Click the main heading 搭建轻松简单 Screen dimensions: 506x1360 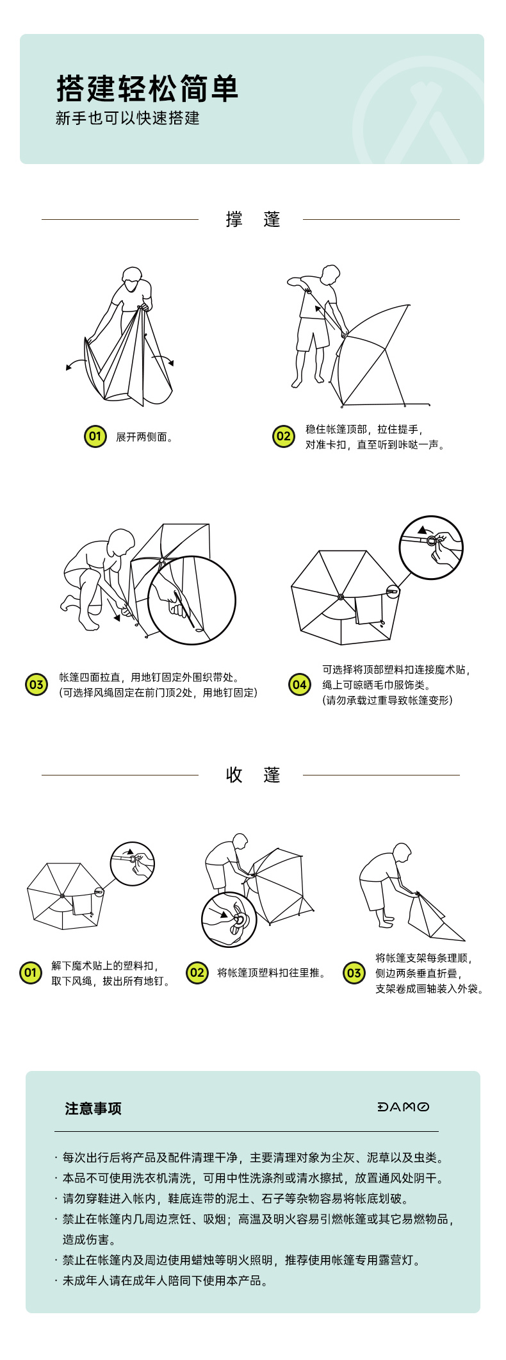pyautogui.click(x=147, y=88)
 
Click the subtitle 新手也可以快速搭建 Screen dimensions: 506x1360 pyautogui.click(x=127, y=119)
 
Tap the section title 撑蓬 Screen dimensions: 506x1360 pyautogui.click(x=253, y=219)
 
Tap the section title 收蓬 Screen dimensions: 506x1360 pyautogui.click(x=253, y=775)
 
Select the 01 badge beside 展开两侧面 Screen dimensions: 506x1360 pyautogui.click(x=95, y=437)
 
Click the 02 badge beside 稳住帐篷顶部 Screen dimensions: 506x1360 pyautogui.click(x=283, y=437)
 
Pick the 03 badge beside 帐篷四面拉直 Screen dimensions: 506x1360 pyautogui.click(x=36, y=684)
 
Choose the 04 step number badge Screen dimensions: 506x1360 pyautogui.click(x=299, y=684)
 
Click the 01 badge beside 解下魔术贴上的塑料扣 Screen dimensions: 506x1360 pyautogui.click(x=30, y=973)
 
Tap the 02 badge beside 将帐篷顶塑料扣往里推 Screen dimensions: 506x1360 pyautogui.click(x=197, y=973)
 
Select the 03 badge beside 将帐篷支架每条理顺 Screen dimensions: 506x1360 pyautogui.click(x=354, y=973)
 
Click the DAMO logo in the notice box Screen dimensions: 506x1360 pyautogui.click(x=404, y=1107)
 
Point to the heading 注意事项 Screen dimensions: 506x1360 pyautogui.click(x=93, y=1108)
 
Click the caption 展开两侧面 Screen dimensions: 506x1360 pyautogui.click(x=145, y=437)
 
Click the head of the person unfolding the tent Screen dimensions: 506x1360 pyautogui.click(x=131, y=279)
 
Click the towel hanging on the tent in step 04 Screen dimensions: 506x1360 pyautogui.click(x=370, y=610)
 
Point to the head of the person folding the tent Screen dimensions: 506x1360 pyautogui.click(x=402, y=854)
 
